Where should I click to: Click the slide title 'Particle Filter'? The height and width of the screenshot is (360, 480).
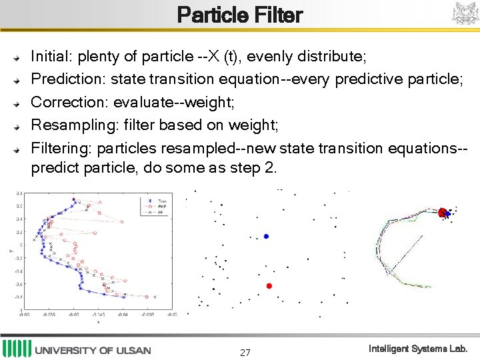(x=240, y=15)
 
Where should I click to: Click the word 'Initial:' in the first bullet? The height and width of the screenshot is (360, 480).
(x=54, y=55)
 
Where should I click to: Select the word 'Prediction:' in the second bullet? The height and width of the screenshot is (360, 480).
(x=69, y=79)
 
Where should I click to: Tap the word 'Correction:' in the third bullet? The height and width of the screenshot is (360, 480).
(x=70, y=102)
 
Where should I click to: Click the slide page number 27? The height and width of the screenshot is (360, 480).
(x=245, y=352)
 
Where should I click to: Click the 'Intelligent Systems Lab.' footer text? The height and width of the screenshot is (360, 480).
(x=419, y=349)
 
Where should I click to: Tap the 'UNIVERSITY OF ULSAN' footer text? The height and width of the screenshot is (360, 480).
(x=93, y=350)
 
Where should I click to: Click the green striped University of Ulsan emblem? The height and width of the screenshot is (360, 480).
(x=16, y=349)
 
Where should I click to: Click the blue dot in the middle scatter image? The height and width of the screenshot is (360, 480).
(x=266, y=236)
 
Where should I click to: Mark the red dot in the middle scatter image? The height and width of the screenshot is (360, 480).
(x=269, y=285)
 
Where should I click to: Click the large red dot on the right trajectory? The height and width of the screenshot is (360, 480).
(x=441, y=213)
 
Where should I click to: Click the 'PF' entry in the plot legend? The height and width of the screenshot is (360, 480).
(x=161, y=211)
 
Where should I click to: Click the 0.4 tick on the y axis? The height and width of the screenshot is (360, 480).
(x=20, y=219)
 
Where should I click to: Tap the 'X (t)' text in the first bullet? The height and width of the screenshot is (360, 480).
(x=223, y=55)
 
